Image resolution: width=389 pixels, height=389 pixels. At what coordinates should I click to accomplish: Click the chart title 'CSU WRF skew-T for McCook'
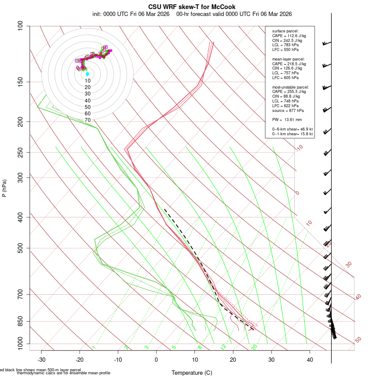pyautogui.click(x=192, y=7)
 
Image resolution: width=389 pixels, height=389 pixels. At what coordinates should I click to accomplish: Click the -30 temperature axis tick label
pyautogui.click(x=41, y=360)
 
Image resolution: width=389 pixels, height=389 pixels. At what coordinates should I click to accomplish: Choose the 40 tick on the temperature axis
pyautogui.click(x=310, y=360)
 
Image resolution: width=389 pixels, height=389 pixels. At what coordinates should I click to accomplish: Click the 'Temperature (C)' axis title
pyautogui.click(x=191, y=373)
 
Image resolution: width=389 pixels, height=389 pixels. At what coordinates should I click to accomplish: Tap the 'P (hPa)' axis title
pyautogui.click(x=4, y=188)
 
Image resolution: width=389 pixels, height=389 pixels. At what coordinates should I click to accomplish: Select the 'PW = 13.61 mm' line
pyautogui.click(x=287, y=119)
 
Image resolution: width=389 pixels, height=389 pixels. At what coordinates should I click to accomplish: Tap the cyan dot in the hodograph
pyautogui.click(x=87, y=74)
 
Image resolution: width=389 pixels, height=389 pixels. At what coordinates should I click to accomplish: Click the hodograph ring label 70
pyautogui.click(x=87, y=120)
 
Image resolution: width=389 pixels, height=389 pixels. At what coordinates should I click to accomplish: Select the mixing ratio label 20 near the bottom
pyautogui.click(x=254, y=347)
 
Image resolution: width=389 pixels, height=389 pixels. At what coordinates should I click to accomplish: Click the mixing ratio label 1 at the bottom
pyautogui.click(x=93, y=347)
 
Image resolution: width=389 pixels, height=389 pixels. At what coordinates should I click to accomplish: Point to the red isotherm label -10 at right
pyautogui.click(x=299, y=148)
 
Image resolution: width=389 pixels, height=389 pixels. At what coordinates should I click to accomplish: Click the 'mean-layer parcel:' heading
pyautogui.click(x=288, y=59)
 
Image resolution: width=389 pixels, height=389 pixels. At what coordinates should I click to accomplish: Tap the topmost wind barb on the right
pyautogui.click(x=326, y=43)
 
